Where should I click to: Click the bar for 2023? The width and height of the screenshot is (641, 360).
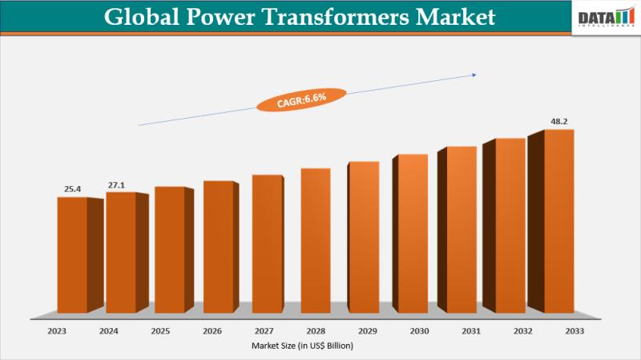[72, 255]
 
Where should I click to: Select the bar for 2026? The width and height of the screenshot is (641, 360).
[218, 247]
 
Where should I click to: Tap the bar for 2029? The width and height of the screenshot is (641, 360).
[364, 237]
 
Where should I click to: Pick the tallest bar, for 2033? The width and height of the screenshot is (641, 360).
[558, 221]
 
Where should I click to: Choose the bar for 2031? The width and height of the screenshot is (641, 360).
[462, 230]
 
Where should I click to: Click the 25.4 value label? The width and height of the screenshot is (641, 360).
[73, 189]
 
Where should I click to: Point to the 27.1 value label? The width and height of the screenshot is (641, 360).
[117, 185]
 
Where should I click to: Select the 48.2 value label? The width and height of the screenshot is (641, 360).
[559, 122]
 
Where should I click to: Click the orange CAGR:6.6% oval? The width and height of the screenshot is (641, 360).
[291, 100]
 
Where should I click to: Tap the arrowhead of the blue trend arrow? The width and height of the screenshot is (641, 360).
[474, 75]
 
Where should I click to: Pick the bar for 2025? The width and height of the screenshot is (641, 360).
[169, 250]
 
